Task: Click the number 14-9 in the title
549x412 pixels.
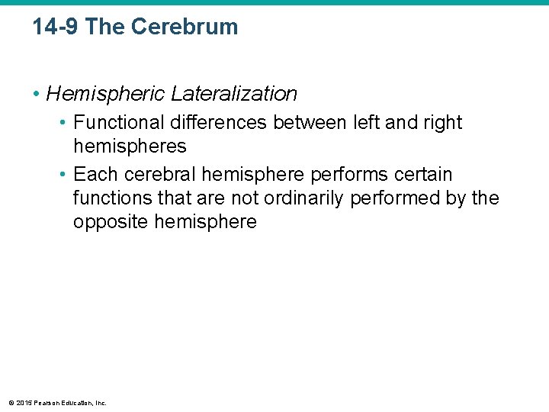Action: click(56, 27)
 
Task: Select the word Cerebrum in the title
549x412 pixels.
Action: click(184, 27)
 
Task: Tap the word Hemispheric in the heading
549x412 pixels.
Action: click(106, 94)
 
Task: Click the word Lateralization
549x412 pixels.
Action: click(234, 94)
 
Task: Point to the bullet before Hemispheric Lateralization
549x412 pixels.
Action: click(37, 94)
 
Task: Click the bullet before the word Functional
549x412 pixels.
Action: click(64, 123)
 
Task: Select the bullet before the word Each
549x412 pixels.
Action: click(64, 175)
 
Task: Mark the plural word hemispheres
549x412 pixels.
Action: click(130, 146)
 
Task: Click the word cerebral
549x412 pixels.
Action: click(159, 175)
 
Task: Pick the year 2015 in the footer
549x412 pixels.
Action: click(22, 402)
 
